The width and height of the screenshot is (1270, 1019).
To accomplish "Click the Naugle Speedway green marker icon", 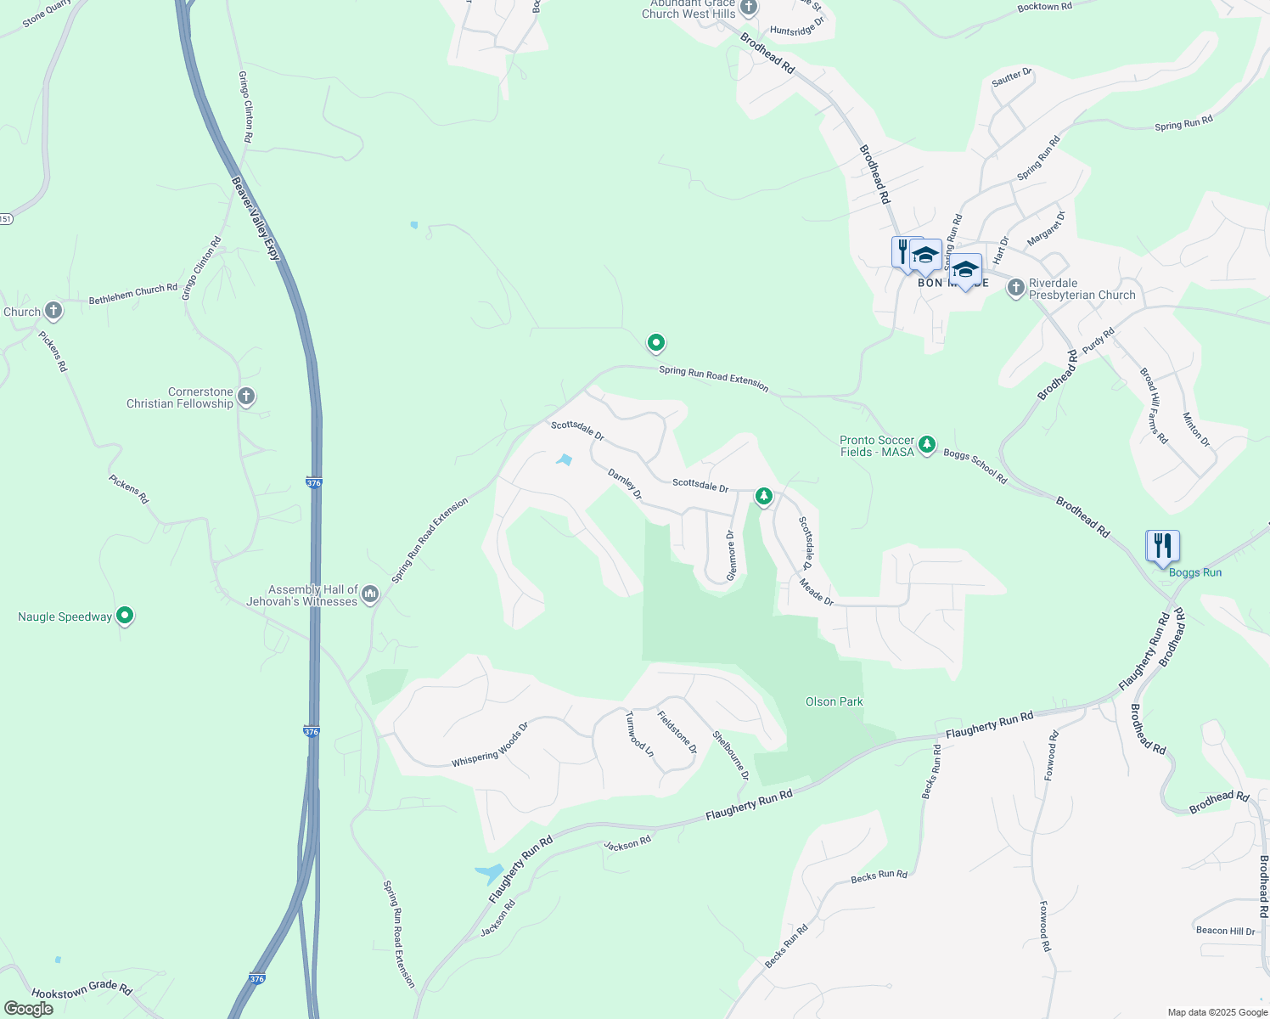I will tap(125, 616).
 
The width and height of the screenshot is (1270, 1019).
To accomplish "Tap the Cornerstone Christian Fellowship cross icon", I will tap(246, 396).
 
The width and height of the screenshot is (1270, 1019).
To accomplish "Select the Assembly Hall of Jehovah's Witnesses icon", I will tap(369, 594).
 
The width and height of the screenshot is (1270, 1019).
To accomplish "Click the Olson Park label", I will tap(834, 701).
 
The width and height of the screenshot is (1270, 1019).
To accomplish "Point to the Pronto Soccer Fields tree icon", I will tap(927, 444).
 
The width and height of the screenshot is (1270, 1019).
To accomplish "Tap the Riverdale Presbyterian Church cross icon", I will tap(1015, 288).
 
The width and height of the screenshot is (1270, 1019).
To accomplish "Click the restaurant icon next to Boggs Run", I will tap(1162, 546).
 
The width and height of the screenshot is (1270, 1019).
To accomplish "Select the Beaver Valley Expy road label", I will tap(255, 218).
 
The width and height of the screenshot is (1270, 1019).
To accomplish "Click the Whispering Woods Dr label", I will tap(490, 745).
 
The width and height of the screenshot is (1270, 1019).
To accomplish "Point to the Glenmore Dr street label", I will tap(730, 556).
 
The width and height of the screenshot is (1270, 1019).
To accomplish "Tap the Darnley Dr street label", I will tap(626, 484).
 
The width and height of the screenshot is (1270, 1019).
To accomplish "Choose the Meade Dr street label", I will tap(817, 592).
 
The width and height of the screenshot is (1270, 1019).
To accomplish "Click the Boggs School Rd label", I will tap(975, 466).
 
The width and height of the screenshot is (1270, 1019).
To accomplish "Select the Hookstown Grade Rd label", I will tap(82, 991).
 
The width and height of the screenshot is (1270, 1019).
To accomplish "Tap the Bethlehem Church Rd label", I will tap(133, 294).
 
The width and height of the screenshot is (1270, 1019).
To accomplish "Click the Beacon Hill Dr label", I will tap(1225, 931).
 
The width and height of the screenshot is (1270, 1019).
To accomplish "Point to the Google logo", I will tap(28, 1009).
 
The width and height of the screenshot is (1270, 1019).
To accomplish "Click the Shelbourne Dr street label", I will tap(731, 755).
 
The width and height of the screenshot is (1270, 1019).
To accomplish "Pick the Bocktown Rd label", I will tap(1044, 7).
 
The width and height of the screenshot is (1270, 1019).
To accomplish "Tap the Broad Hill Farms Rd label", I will tap(1154, 406).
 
